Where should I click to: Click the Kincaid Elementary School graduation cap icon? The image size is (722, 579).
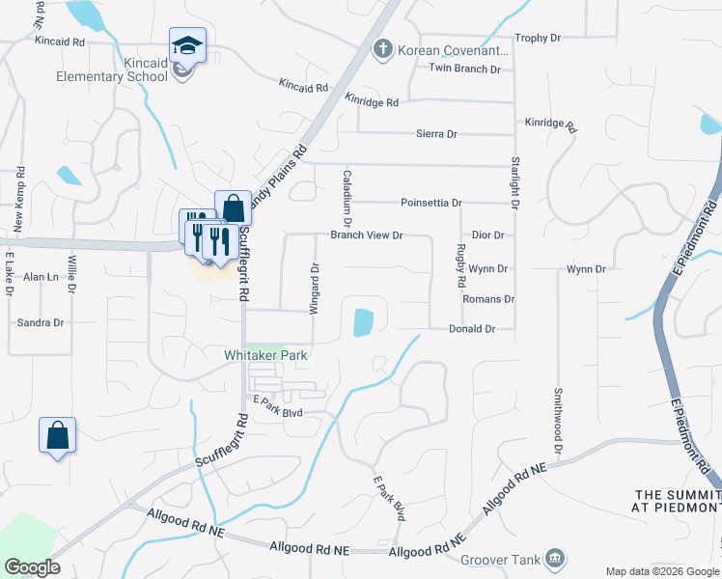tap(187, 44)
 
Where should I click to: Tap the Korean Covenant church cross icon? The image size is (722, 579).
tap(383, 49)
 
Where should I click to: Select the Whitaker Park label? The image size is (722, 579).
tap(265, 355)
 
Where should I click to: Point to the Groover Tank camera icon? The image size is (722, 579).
tap(555, 557)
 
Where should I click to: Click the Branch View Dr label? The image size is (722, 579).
tap(366, 234)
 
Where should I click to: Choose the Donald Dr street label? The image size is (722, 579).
tap(472, 329)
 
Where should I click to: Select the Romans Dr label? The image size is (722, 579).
tap(488, 299)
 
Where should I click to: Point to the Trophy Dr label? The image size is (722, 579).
tap(538, 38)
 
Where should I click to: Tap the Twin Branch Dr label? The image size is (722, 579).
tap(465, 69)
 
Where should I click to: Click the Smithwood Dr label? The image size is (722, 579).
tap(558, 422)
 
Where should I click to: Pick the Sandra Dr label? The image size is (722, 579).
tap(41, 323)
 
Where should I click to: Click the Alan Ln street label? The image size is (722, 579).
tap(41, 276)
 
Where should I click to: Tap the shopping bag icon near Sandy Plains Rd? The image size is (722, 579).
tap(233, 207)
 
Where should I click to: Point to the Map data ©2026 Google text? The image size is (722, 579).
tap(662, 571)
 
